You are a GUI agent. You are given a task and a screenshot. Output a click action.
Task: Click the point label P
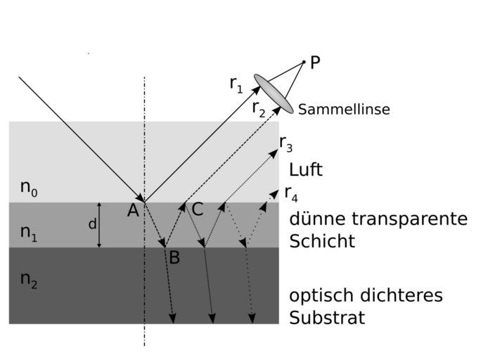pyautogui.click(x=315, y=63)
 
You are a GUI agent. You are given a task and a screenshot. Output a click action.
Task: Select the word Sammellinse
pyautogui.click(x=344, y=110)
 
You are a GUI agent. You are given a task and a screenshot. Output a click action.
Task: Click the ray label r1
pyautogui.click(x=236, y=84)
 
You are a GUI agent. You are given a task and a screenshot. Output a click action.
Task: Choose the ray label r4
pyautogui.click(x=290, y=193)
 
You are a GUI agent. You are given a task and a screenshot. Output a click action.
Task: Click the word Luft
pyautogui.click(x=306, y=170)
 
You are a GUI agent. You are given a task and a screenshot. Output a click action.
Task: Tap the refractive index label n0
pyautogui.click(x=29, y=188)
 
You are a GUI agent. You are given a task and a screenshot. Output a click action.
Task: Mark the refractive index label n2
pyautogui.click(x=29, y=280)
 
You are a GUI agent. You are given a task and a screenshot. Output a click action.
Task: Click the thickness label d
pyautogui.click(x=92, y=224)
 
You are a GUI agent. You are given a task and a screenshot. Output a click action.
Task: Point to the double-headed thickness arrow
pyautogui.click(x=99, y=225)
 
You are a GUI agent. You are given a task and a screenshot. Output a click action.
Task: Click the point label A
pyautogui.click(x=133, y=210)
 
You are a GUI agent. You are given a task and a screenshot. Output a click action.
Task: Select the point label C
pyautogui.click(x=198, y=209)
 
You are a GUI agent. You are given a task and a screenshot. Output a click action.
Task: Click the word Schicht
pyautogui.click(x=322, y=241)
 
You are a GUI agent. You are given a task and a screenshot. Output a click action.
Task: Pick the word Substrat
pyautogui.click(x=327, y=318)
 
